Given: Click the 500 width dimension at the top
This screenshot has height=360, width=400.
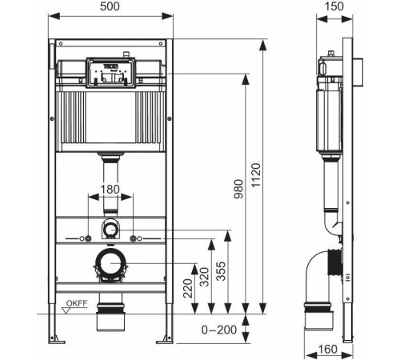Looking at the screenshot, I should (110, 6).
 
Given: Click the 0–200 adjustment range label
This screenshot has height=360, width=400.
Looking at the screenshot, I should (218, 329).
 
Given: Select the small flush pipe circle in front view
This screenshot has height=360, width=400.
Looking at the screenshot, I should (110, 230).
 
